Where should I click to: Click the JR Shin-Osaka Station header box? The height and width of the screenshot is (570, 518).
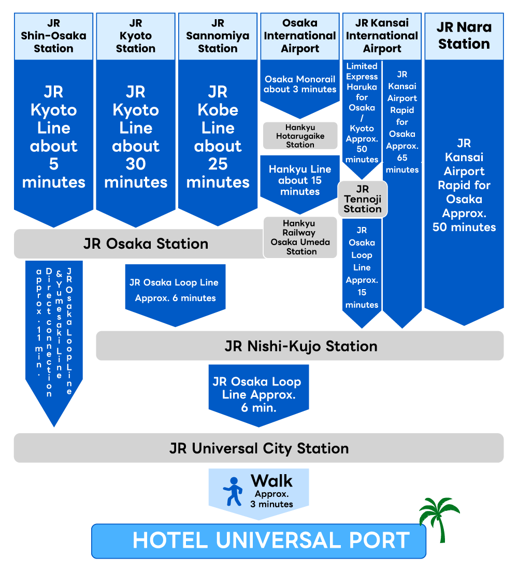click(53, 36)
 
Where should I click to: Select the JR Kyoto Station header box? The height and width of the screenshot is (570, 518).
click(136, 36)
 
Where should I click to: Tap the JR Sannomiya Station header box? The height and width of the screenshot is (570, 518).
click(218, 36)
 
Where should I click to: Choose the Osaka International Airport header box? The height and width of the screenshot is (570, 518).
click(300, 36)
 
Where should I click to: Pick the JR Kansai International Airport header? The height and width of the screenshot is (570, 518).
click(382, 36)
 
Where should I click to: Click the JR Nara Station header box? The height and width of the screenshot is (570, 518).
click(464, 36)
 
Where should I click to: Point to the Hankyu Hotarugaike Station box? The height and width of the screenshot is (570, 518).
click(300, 136)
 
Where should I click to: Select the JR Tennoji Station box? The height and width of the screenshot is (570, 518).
click(362, 198)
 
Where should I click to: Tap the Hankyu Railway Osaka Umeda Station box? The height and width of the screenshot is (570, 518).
click(300, 237)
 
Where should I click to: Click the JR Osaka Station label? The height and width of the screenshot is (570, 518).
click(146, 244)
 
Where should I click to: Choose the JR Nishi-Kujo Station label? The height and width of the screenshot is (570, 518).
click(300, 346)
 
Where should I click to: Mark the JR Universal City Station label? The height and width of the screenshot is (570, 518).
click(258, 448)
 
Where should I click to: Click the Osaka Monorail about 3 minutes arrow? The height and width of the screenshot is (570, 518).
click(300, 86)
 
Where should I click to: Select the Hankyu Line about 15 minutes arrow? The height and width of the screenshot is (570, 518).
click(300, 181)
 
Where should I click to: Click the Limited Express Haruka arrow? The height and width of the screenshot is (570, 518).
click(362, 114)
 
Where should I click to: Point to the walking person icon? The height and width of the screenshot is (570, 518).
click(233, 492)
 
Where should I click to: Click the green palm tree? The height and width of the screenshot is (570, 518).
click(439, 516)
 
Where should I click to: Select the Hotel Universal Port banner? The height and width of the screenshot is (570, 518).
click(259, 540)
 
